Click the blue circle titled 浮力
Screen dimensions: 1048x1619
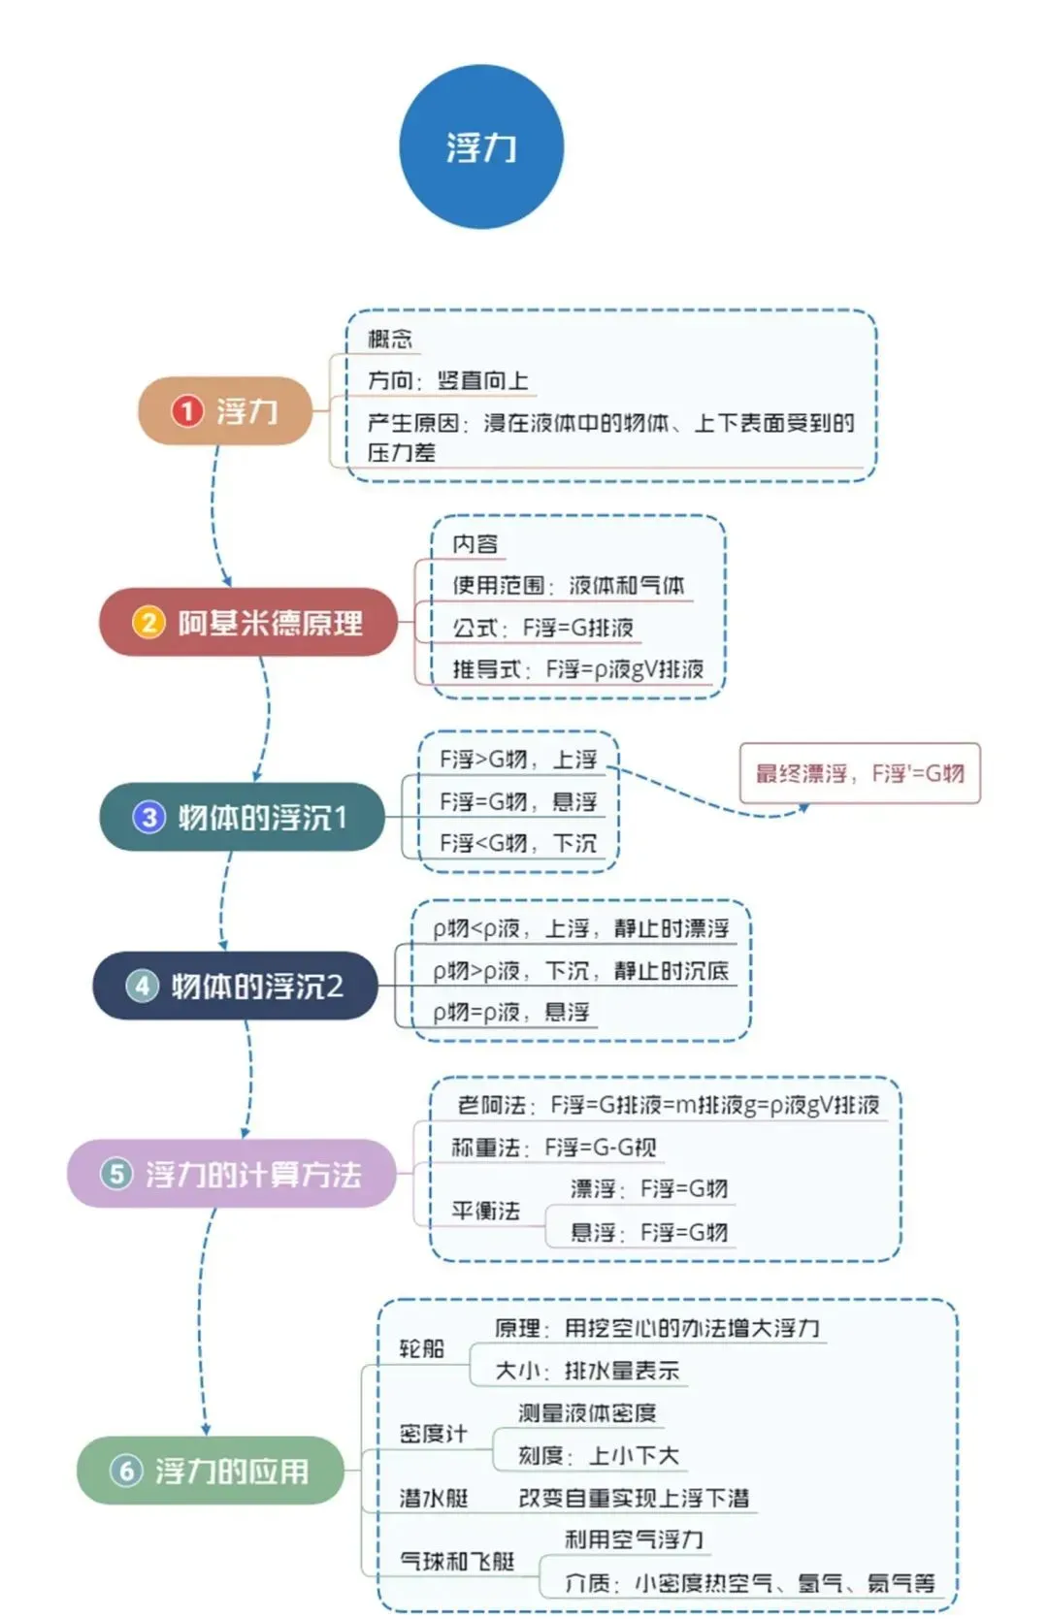[x=481, y=146]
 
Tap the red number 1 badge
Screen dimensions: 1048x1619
[x=186, y=410]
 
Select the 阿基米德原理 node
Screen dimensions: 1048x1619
[x=248, y=623]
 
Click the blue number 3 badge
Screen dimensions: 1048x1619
[x=149, y=817]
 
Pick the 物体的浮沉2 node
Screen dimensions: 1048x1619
[x=235, y=986]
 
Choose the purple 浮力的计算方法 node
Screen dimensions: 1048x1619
[x=232, y=1174]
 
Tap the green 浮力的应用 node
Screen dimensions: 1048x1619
[x=211, y=1471]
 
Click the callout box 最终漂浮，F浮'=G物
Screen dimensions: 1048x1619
[x=860, y=773]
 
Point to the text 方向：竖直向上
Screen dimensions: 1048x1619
[x=447, y=380]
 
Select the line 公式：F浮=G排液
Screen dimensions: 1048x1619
[x=542, y=628]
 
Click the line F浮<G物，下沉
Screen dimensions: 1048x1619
[x=518, y=843]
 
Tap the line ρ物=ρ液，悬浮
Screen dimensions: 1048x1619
[x=511, y=1012]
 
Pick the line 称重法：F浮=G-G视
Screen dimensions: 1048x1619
[x=553, y=1147]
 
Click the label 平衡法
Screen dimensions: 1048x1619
[x=485, y=1211]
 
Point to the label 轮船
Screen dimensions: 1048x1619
[x=422, y=1348]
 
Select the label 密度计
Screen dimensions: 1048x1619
[x=433, y=1434]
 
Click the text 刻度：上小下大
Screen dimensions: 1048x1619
[x=598, y=1455]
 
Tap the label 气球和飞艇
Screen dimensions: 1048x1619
[x=457, y=1561]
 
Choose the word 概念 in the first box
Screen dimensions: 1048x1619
[x=390, y=339]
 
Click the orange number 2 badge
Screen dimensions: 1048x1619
[x=148, y=623]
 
